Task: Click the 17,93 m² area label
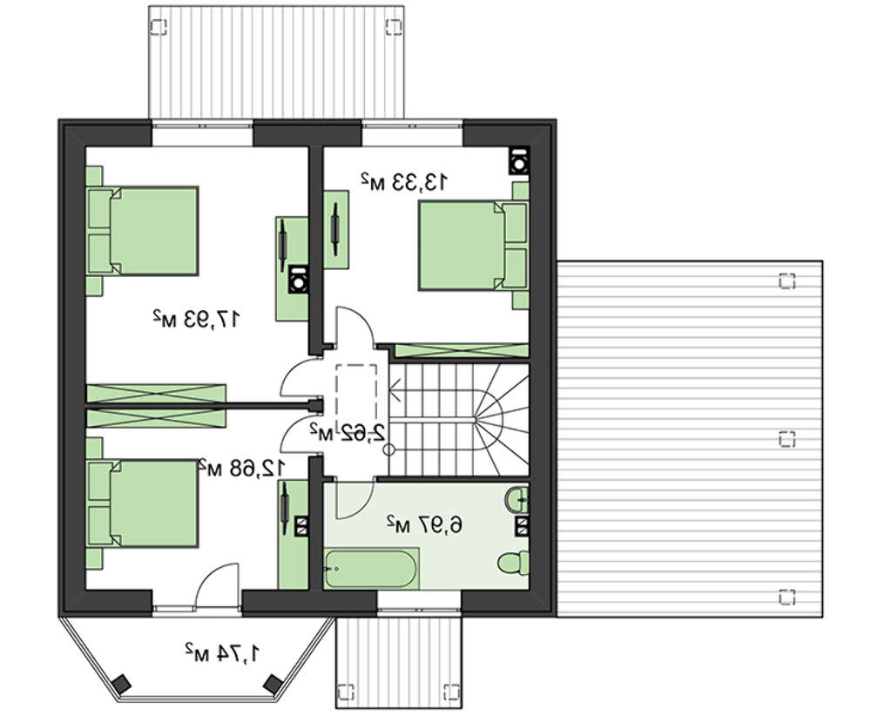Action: [197, 319]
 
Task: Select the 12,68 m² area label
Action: [242, 469]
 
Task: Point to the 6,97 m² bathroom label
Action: [424, 523]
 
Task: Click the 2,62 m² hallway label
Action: [348, 431]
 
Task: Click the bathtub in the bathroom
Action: [370, 568]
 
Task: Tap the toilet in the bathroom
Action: [513, 562]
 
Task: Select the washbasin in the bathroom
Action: [517, 499]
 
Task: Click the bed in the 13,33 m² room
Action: [473, 246]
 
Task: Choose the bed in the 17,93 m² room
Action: [143, 231]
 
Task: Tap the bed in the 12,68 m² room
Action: [143, 503]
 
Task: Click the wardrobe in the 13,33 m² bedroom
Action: [461, 350]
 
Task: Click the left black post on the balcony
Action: [120, 683]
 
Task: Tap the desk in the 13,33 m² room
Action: [336, 229]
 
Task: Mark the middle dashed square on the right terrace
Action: [787, 439]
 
